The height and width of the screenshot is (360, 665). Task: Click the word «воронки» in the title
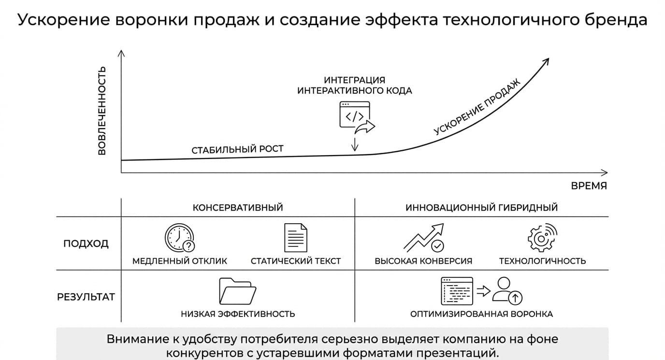click(x=152, y=20)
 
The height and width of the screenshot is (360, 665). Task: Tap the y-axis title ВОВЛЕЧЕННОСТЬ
click(x=102, y=111)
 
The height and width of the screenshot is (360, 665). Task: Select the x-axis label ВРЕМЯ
click(x=589, y=186)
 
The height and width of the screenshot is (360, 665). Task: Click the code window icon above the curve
click(x=355, y=115)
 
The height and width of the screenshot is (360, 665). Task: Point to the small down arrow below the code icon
click(x=355, y=144)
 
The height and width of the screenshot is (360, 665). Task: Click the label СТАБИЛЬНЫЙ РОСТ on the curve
click(x=237, y=149)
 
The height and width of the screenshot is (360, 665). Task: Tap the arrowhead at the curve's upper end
click(x=546, y=61)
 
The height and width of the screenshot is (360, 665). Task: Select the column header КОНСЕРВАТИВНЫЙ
click(x=238, y=207)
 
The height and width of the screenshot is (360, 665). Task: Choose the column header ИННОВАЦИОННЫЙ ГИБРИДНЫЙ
click(x=481, y=207)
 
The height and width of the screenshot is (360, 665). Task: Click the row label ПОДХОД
click(x=86, y=244)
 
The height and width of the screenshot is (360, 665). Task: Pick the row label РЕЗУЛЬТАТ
click(x=86, y=297)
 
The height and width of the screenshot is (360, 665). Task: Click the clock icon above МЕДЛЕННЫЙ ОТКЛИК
click(x=180, y=238)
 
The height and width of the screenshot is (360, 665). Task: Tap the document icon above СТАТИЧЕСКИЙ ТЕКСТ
click(x=296, y=238)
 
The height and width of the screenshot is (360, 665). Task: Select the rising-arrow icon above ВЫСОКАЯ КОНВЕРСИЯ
click(x=424, y=238)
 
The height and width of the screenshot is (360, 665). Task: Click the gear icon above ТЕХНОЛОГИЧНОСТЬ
click(x=542, y=238)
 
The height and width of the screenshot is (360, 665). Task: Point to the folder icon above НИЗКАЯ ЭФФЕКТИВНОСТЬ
click(x=237, y=291)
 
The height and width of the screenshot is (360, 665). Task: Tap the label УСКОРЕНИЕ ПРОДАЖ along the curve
click(x=477, y=106)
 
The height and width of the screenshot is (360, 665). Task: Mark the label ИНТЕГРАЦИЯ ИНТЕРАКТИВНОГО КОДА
click(x=355, y=85)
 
